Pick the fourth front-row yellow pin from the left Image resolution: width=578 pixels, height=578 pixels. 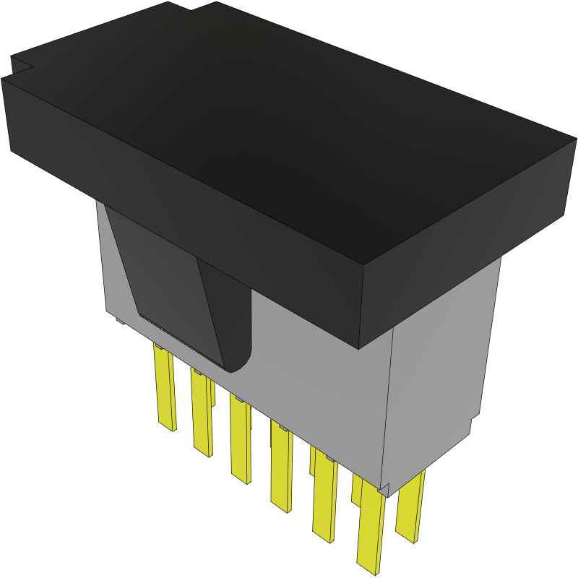click(x=280, y=466)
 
